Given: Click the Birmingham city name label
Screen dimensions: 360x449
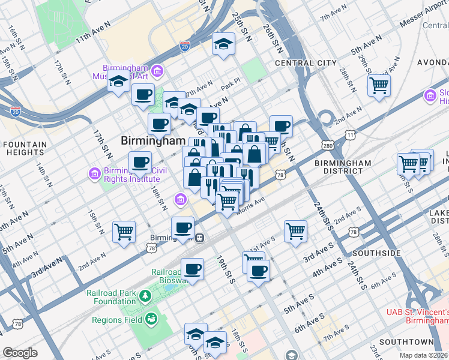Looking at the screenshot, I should coord(152,140).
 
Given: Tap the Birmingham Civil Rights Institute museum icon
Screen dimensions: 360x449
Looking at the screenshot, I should coord(94,174).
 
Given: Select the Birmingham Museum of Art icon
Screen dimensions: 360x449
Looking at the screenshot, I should coord(157,72).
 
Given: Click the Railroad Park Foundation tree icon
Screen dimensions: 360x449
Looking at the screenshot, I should coord(145,296).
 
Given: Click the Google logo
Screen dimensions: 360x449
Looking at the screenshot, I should coord(20,353).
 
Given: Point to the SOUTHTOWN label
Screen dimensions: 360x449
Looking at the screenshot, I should coord(406,341).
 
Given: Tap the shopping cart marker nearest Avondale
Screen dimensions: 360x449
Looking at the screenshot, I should coord(379,85).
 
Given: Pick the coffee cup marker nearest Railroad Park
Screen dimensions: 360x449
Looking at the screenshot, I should coord(192,269).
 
